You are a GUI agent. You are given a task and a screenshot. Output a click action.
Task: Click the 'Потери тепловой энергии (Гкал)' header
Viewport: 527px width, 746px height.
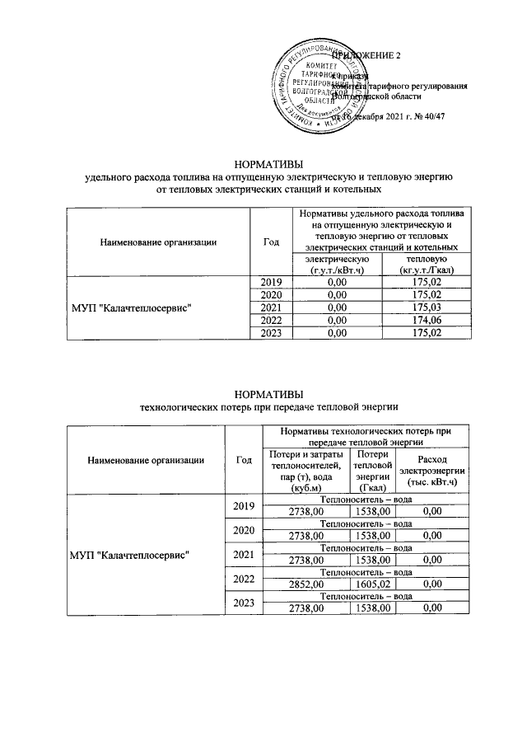click(x=372, y=471)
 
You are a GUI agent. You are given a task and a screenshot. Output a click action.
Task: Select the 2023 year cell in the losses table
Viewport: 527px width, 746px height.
click(x=244, y=603)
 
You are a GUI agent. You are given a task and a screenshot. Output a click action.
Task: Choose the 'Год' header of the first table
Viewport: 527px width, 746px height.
click(x=271, y=242)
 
